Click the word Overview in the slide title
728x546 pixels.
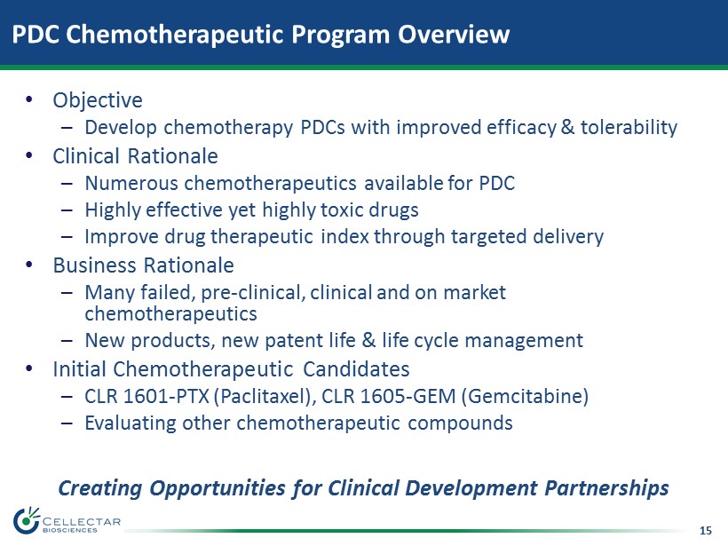[x=454, y=34]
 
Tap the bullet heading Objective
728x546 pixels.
[x=98, y=100]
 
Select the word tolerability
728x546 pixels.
[x=629, y=127]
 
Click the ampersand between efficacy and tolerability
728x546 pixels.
[x=567, y=127]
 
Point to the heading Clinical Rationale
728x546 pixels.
[x=135, y=156]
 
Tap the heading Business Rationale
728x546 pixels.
[x=143, y=265]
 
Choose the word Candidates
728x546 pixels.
[x=356, y=369]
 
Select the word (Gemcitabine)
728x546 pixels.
[x=525, y=397]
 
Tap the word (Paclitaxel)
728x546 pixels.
[x=265, y=397]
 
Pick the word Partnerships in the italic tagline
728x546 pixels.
[x=606, y=488]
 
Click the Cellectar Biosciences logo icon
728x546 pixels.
[x=27, y=521]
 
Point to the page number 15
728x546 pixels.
[x=705, y=531]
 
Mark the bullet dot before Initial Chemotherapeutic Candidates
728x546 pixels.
[x=29, y=369]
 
